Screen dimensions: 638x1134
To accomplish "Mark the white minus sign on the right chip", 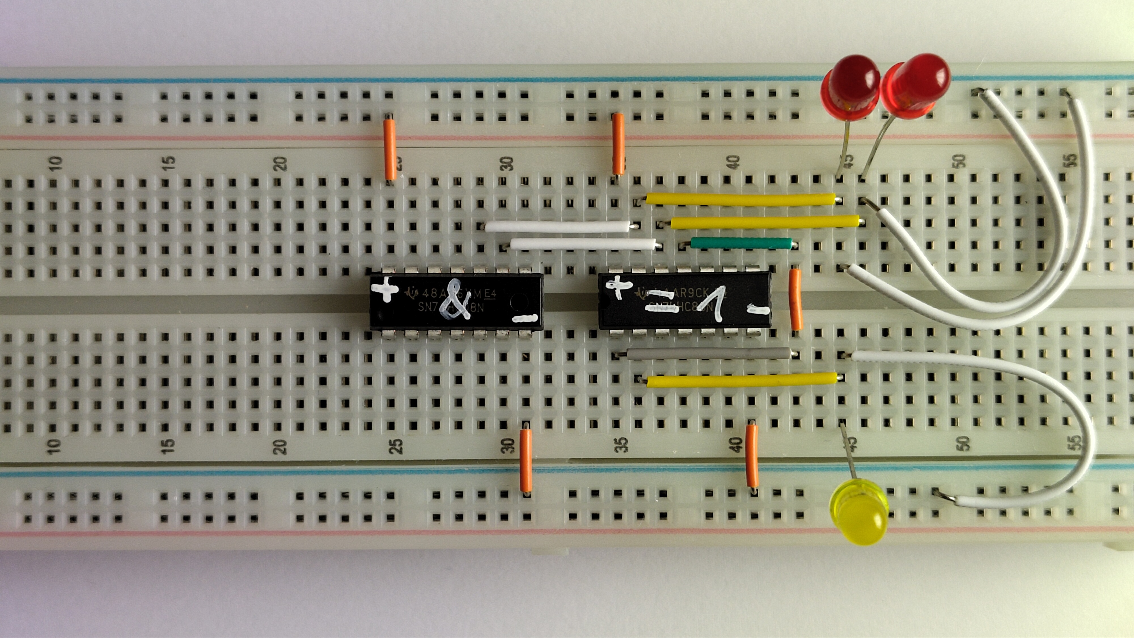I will click(x=758, y=311).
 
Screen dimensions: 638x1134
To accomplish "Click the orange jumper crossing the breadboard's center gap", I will click(x=795, y=299).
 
